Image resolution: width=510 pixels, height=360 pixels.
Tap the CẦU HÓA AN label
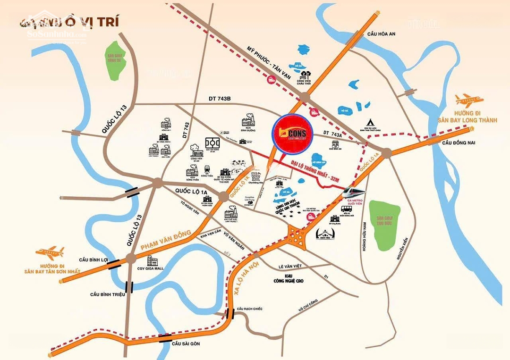click(x=382, y=33)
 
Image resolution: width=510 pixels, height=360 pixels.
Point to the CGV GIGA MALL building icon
click(x=153, y=261)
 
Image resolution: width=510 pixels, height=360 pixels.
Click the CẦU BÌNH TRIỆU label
click(x=107, y=294)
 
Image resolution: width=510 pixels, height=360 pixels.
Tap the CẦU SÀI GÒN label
click(x=186, y=343)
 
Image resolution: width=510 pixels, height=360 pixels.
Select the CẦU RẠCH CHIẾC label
click(x=249, y=309)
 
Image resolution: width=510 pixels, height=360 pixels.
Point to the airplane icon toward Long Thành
click(x=468, y=100)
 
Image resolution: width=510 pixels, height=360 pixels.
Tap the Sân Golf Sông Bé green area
click(x=115, y=59)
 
